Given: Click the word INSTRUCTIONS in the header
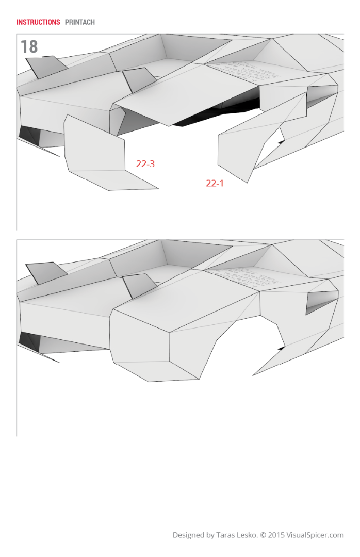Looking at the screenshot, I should click(38, 22).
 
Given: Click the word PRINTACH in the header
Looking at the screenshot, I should click(80, 22).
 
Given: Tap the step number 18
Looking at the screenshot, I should click(29, 47).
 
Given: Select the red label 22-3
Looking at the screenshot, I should click(145, 164).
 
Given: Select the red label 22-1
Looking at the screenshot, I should click(215, 183).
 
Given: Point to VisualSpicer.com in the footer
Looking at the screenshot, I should click(316, 535).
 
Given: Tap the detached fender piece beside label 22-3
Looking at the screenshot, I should click(95, 150).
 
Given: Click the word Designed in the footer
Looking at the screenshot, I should click(188, 535).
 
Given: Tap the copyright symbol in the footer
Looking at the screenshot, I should click(263, 535).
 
